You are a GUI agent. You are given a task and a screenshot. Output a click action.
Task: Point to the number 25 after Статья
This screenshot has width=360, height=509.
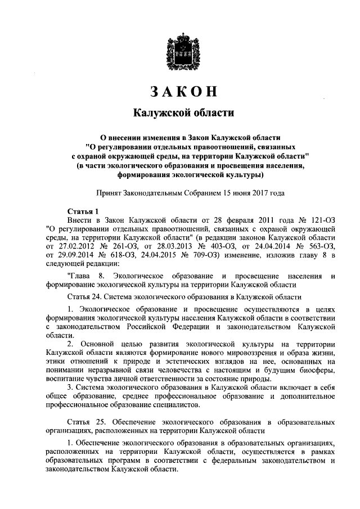(97, 422)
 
